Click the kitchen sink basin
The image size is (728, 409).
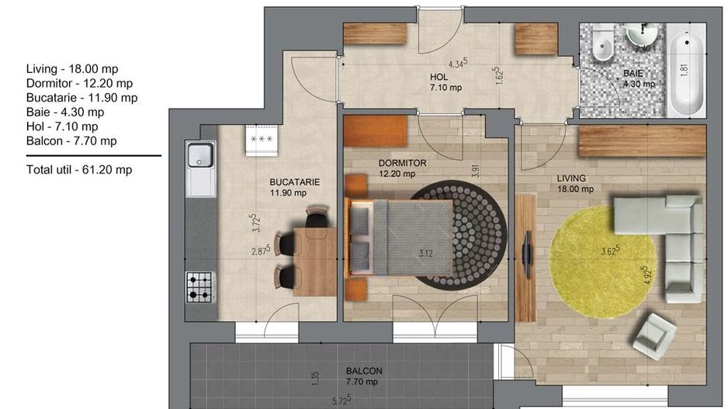(200, 154)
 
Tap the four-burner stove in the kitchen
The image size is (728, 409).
(200, 287)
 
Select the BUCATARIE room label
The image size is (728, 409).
(295, 182)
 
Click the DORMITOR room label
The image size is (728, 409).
(402, 163)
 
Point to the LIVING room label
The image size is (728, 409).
(571, 179)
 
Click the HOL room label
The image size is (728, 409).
(439, 77)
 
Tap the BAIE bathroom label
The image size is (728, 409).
(633, 74)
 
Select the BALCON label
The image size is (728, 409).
(364, 371)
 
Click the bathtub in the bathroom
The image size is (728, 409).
(686, 70)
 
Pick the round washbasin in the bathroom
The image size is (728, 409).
(642, 33)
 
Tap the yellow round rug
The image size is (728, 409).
(602, 262)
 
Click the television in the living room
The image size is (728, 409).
(526, 254)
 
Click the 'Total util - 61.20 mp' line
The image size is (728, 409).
(79, 169)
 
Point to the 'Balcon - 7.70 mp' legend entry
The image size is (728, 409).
(71, 140)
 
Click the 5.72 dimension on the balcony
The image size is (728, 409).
(341, 400)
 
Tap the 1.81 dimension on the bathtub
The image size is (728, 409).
(684, 69)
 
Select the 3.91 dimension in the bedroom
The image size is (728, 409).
(475, 172)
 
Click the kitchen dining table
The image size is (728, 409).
(315, 262)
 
